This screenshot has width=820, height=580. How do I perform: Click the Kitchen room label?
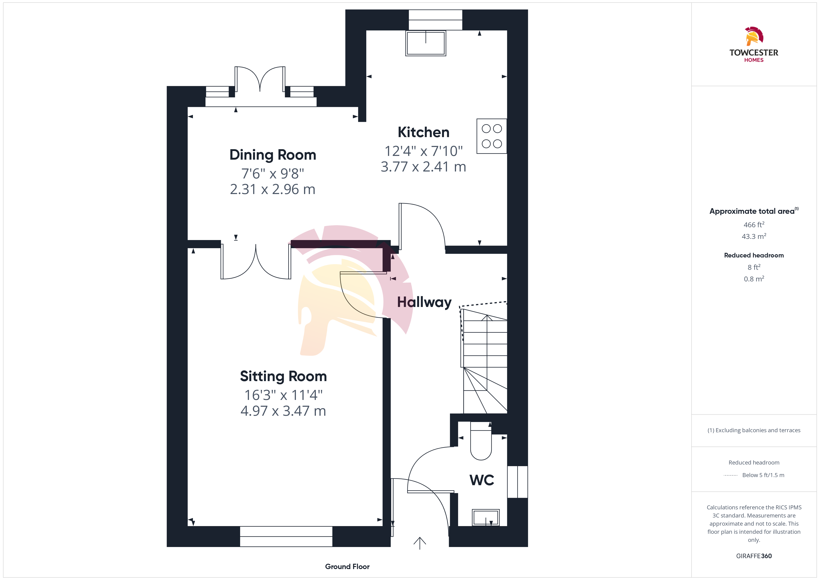(x=423, y=132)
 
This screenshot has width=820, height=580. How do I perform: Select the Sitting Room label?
(x=283, y=376)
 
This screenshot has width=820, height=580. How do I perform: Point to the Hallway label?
(x=424, y=303)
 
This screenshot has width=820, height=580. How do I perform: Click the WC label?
(x=482, y=480)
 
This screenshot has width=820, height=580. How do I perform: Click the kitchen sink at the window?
(x=426, y=43)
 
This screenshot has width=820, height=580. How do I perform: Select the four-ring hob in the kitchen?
(x=492, y=136)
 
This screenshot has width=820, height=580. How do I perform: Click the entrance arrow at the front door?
(x=420, y=543)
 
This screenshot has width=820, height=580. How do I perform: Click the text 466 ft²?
(x=754, y=225)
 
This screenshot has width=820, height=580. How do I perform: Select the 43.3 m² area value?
(x=754, y=236)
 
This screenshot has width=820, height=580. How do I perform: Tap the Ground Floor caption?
(x=347, y=567)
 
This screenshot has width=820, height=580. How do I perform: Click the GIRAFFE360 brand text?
(x=754, y=556)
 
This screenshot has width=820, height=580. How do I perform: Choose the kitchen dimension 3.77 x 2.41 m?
(x=423, y=167)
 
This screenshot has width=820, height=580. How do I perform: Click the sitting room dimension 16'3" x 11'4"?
(x=283, y=395)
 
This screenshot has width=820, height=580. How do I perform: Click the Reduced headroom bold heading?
(x=754, y=255)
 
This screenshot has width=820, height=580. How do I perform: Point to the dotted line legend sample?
(x=731, y=475)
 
